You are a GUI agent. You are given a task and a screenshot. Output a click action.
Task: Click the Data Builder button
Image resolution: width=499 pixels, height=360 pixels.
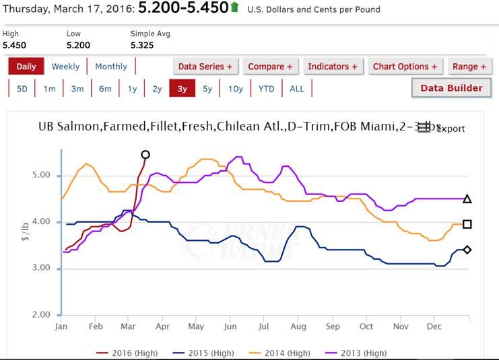coord(451,88)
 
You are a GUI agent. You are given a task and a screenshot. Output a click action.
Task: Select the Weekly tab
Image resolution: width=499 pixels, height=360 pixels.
coord(65,67)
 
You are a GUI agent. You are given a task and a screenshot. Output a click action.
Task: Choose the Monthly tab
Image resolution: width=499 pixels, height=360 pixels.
coord(111,67)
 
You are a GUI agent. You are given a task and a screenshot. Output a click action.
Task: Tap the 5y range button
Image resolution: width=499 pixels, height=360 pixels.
coord(207,89)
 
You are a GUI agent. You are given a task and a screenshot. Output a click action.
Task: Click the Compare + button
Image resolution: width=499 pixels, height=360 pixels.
coord(270,67)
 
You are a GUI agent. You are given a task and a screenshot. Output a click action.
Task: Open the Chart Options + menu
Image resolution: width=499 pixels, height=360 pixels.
coord(405,67)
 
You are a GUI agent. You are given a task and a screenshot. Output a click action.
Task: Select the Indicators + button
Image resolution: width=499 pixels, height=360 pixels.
coord(332,67)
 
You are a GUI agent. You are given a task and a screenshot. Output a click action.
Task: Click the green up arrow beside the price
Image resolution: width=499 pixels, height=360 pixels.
coord(234,7)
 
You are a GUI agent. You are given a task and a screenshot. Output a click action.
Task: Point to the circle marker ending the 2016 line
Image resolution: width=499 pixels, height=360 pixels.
coord(145,155)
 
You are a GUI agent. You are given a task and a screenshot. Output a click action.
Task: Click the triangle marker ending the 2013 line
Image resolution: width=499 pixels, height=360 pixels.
coord(467,199)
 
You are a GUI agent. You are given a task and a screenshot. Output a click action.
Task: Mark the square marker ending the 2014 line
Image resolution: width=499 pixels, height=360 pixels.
coord(467,224)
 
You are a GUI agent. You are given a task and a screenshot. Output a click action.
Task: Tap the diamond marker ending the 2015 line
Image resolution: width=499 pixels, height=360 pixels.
coord(467,250)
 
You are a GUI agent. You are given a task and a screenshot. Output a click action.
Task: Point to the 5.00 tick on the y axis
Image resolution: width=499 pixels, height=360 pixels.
coord(42,176)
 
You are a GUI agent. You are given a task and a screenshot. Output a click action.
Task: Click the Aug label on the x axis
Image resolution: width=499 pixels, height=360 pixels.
coord(298,326)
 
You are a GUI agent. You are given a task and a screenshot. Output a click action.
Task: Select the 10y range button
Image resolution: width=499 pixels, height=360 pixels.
coord(236,89)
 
